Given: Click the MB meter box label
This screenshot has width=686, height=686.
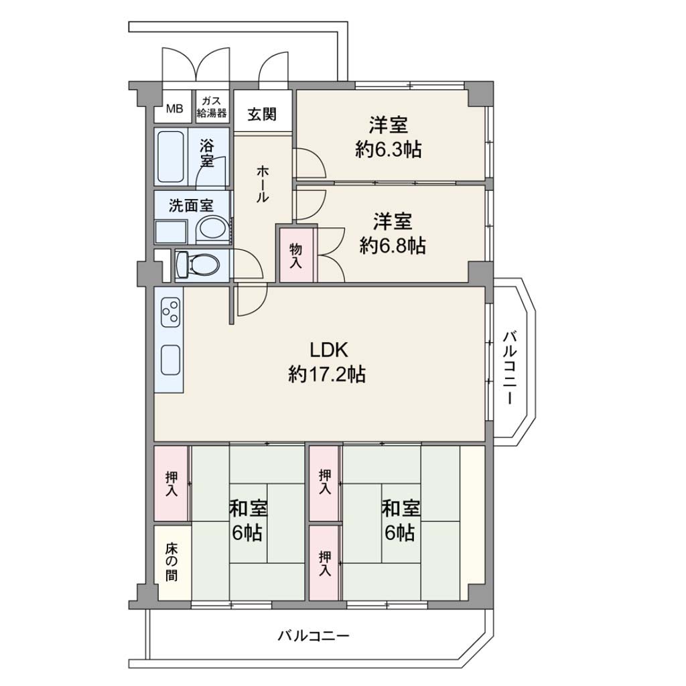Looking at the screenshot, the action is point(174,108).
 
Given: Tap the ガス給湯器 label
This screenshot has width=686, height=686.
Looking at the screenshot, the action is point(212,107).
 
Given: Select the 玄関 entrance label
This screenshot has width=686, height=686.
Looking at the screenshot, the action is point(262,114).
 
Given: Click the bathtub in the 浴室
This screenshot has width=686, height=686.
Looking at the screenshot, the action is point(171,156).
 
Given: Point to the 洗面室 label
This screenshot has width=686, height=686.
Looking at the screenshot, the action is point(191,205).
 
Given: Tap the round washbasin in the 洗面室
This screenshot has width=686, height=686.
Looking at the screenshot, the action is point(212,229).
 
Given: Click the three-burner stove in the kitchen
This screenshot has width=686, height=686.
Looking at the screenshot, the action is point(171,311).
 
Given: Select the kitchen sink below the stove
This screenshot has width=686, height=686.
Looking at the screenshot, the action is point(171,360).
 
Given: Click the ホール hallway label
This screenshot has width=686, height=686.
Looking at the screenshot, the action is point(262,184).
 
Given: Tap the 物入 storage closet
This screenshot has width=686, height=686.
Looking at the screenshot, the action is point(296,255).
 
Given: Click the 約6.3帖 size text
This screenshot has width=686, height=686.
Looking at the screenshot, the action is point(389,150).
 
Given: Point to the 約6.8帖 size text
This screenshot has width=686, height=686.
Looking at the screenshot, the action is point(393,245).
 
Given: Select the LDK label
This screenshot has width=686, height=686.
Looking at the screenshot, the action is point(328,350).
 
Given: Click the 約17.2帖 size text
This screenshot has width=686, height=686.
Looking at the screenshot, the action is point(327,374).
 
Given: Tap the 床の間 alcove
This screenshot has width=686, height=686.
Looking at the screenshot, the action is point(172,563).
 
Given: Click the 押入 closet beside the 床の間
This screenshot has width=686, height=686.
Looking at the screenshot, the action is point(171,484).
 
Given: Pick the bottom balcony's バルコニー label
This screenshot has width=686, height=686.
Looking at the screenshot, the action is point(314,636).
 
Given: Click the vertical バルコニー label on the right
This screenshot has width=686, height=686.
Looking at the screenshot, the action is point(510,368).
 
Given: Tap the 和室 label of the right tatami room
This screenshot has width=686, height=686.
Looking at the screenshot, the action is point(401,509).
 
